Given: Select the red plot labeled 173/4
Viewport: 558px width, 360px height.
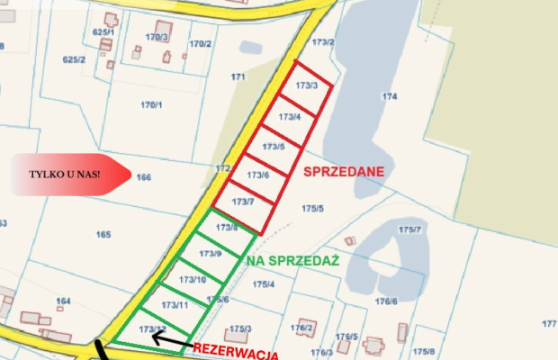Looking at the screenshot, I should (290, 117).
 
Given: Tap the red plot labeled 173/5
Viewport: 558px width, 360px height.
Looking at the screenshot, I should (274, 146).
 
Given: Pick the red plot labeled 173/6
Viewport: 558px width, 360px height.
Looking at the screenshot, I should (258, 175).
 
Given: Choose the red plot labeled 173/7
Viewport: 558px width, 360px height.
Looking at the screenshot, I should (243, 202).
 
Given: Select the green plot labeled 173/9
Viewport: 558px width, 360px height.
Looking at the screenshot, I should (211, 255).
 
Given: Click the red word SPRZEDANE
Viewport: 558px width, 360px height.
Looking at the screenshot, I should (345, 171).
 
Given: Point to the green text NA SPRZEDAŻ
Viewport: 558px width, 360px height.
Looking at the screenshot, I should (292, 260).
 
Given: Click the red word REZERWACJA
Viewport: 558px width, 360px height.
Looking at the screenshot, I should (236, 350).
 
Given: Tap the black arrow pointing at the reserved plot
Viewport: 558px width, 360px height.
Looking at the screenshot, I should (172, 340).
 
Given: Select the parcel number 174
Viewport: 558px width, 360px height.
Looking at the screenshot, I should (389, 95).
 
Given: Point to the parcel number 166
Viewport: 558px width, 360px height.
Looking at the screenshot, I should (143, 177).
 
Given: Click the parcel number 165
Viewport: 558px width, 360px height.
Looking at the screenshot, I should (103, 235).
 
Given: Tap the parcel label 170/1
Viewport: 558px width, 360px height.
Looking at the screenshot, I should (151, 105).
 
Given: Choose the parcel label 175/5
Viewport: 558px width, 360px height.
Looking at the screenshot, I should (312, 209).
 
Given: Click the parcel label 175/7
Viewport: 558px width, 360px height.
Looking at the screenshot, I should (409, 230).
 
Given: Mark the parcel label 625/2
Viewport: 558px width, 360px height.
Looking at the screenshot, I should (74, 59).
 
